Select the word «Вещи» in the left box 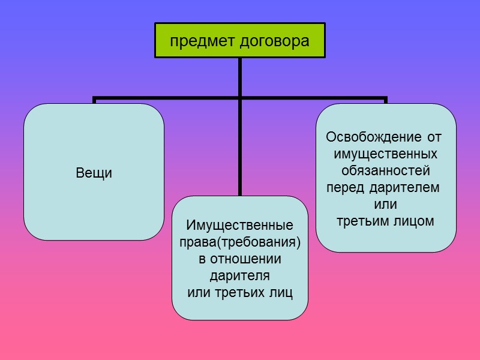point(94,173)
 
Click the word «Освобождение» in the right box point(370,137)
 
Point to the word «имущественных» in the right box point(385,154)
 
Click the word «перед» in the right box point(343,187)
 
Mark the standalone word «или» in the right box point(385,204)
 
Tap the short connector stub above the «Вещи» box point(94,100)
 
